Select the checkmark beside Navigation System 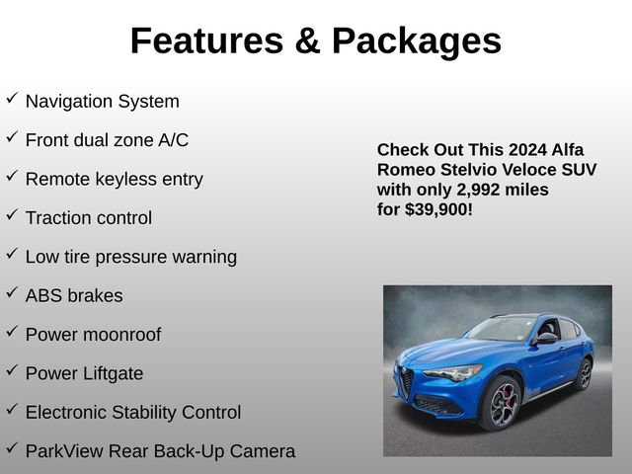tap(12, 99)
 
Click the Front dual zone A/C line tap(107, 140)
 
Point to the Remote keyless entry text tap(114, 179)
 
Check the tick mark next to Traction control tap(12, 215)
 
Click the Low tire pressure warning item tap(130, 257)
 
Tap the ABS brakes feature tap(74, 295)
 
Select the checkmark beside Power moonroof tap(12, 332)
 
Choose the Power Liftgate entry tap(84, 373)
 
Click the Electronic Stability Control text tap(132, 412)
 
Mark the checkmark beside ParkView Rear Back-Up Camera tap(12, 448)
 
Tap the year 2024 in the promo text tap(530, 150)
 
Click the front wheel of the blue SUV tap(501, 402)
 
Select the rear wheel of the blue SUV tap(585, 374)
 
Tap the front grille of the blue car tap(405, 382)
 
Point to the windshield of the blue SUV tap(502, 330)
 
